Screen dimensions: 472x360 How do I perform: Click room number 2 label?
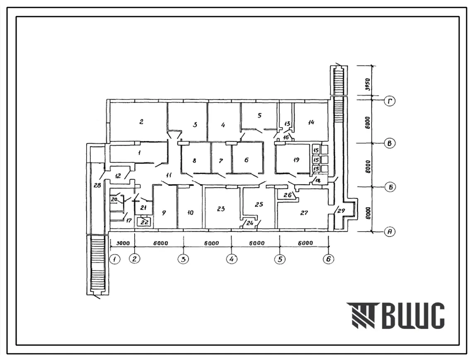(141, 122)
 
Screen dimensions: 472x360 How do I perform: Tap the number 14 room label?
(311, 122)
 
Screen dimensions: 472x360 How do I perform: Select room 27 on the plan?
(304, 213)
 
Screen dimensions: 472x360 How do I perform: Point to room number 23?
(221, 209)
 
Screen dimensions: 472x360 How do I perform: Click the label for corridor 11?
(169, 174)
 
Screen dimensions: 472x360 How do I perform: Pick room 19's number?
(296, 160)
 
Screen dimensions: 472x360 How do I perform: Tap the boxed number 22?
(145, 222)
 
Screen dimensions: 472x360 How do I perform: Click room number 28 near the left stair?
(97, 186)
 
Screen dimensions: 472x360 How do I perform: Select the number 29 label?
(341, 211)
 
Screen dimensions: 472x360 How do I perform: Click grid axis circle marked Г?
(390, 101)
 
